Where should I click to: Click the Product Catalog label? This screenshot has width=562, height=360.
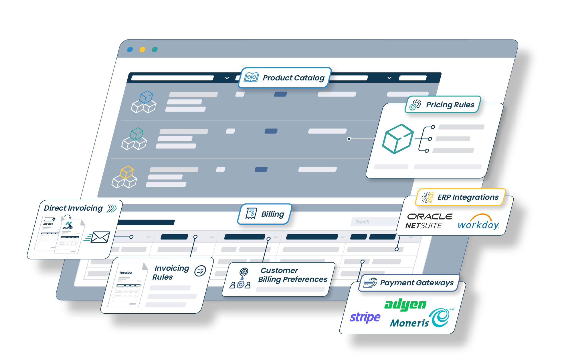pos(293,78)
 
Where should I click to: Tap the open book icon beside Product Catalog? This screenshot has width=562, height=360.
pos(251,77)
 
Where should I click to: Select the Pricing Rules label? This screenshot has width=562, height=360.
pos(450,105)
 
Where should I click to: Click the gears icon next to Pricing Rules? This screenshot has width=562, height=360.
pos(415,105)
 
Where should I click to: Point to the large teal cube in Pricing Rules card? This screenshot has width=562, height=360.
pos(397,139)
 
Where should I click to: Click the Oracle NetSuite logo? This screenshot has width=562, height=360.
pos(428,221)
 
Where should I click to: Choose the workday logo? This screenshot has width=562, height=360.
pos(478,222)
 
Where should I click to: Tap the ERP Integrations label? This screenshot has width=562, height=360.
pos(468,197)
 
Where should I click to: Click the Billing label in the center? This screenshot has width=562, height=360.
pos(272,214)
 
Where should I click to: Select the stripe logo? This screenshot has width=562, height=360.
pos(365,317)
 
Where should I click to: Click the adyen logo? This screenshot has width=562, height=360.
pos(405,305)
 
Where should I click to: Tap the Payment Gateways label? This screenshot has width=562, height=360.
pos(416,283)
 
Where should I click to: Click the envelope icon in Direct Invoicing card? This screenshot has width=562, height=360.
pos(100,237)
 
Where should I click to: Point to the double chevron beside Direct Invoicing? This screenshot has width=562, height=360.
pos(112,208)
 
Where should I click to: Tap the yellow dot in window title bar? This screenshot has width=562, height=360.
pos(142,50)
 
